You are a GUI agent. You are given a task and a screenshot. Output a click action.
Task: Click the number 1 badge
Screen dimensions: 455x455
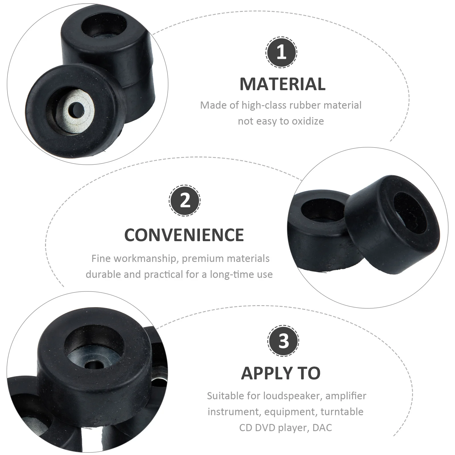click(281, 52)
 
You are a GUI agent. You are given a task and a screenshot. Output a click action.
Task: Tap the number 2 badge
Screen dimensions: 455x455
click(185, 200)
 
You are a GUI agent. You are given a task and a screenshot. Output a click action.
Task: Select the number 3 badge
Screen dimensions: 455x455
click(283, 340)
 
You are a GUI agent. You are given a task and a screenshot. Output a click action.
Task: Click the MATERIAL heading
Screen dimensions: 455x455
click(282, 84)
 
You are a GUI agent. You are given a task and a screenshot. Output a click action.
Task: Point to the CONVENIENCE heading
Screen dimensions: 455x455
click(184, 235)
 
